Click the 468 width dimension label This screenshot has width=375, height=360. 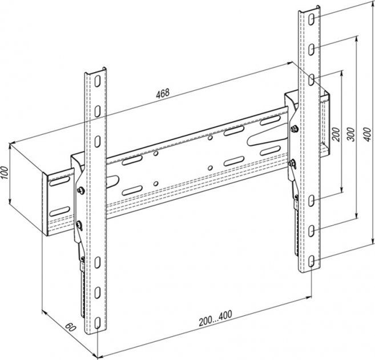point(163,93)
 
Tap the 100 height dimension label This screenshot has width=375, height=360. point(5,173)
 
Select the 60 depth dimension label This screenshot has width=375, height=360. point(70,327)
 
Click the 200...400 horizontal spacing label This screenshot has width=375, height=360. point(215,318)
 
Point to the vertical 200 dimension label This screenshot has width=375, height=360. point(336,134)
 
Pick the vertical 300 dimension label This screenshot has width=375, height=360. point(350,134)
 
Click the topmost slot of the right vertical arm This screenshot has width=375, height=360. point(311,19)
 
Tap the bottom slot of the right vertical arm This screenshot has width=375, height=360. point(311,261)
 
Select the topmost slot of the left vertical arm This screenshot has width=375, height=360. point(98,81)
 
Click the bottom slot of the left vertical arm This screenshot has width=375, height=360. point(98,323)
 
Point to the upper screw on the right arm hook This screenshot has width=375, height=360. point(294,129)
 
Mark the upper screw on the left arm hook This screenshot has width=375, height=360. point(81,190)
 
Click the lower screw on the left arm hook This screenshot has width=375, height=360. point(79,225)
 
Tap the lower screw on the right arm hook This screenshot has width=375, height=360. point(292,163)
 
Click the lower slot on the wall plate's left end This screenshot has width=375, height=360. point(59,211)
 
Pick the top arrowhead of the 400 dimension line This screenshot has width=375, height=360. point(373,5)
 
